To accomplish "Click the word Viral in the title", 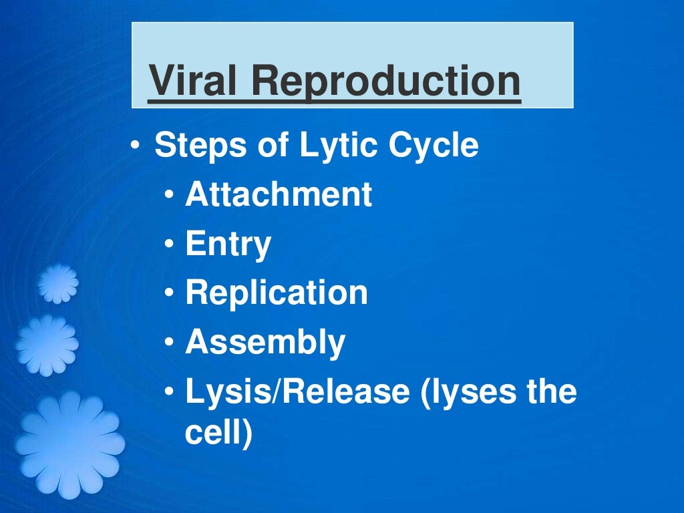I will pyautogui.click(x=192, y=81).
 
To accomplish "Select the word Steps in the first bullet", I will pyautogui.click(x=188, y=146).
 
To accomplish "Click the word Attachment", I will pyautogui.click(x=279, y=194).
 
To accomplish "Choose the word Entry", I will pyautogui.click(x=228, y=244).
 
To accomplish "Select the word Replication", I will pyautogui.click(x=277, y=293).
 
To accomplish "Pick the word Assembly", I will pyautogui.click(x=265, y=342).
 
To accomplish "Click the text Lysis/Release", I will pyautogui.click(x=297, y=391).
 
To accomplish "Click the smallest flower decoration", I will pyautogui.click(x=58, y=283).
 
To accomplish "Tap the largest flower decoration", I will pyautogui.click(x=69, y=444).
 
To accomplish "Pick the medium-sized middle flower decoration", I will pyautogui.click(x=47, y=345).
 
